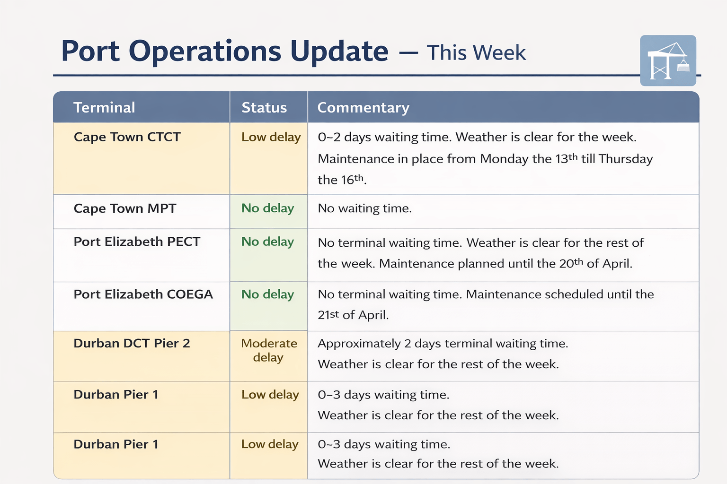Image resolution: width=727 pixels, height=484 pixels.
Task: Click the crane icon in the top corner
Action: (x=668, y=60)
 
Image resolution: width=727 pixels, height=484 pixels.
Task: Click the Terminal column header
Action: (x=104, y=107)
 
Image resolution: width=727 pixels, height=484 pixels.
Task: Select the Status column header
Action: (x=264, y=107)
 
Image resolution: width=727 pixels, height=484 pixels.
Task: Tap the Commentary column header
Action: (x=363, y=108)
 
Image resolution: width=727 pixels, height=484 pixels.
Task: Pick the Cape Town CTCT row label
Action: (x=127, y=137)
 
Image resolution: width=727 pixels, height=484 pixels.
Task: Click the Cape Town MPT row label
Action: (x=125, y=208)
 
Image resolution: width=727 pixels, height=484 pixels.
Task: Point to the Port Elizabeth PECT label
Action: (x=137, y=242)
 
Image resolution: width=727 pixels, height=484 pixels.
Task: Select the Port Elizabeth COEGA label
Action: (x=143, y=294)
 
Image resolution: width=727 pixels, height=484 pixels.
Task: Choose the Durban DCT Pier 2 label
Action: (x=132, y=343)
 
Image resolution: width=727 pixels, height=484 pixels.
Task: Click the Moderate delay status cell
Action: (x=269, y=350)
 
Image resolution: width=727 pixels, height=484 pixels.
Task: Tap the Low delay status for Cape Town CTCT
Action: (x=271, y=137)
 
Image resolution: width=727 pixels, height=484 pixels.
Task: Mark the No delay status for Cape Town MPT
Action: (x=268, y=208)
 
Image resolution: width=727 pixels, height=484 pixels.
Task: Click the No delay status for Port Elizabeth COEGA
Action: (x=268, y=294)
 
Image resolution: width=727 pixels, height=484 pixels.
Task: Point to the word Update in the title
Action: (x=339, y=51)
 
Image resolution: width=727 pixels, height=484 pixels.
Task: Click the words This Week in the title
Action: (x=476, y=52)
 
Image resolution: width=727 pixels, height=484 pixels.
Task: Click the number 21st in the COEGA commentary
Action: (x=328, y=314)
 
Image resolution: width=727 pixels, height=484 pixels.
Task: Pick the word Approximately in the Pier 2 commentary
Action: (x=359, y=344)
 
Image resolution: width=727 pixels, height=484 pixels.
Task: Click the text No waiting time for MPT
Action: (x=364, y=208)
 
